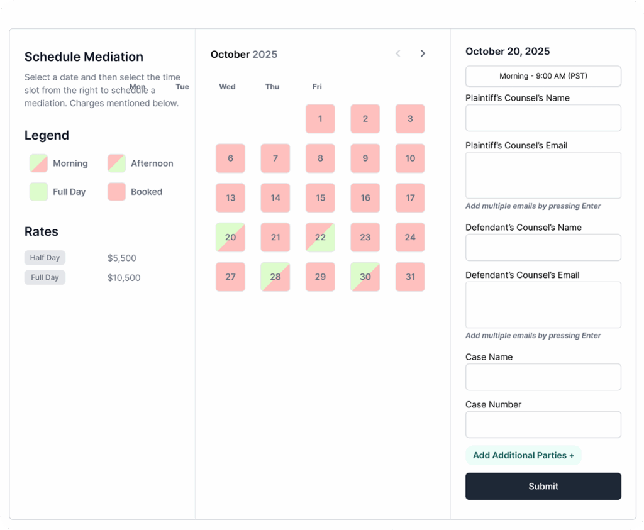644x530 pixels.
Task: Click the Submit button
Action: point(543,486)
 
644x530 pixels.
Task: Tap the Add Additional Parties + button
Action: point(523,455)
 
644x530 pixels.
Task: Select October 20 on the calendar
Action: point(230,238)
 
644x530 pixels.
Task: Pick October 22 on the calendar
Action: point(320,238)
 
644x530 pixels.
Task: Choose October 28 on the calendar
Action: point(275,277)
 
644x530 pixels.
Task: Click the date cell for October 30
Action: point(365,277)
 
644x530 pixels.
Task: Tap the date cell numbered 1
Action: point(320,119)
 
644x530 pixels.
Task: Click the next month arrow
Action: point(423,53)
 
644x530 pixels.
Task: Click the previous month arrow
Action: point(398,53)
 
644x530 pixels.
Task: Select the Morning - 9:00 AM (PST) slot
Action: point(543,76)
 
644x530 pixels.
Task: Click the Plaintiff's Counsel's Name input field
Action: point(543,118)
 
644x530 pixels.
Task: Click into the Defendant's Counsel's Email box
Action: point(543,304)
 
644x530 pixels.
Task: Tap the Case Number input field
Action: point(543,424)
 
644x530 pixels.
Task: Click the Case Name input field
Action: point(543,377)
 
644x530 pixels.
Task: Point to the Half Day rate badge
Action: point(45,258)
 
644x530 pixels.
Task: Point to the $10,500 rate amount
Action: point(124,278)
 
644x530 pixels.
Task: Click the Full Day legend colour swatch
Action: point(38,192)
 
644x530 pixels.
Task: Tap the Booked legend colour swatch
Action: point(116,192)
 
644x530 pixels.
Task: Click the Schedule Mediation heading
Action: point(84,57)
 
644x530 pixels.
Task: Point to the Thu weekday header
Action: point(272,87)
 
